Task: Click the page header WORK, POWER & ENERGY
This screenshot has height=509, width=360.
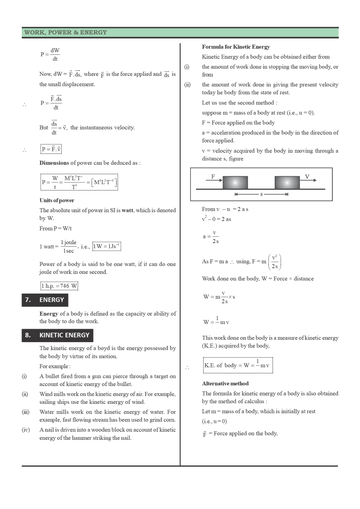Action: coord(66,32)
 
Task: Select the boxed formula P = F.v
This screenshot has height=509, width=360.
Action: coord(51,149)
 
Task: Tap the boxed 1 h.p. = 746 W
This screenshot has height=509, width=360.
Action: coord(59,286)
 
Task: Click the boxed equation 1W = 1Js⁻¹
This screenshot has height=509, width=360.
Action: coord(107,246)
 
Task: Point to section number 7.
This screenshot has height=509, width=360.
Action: coord(28,300)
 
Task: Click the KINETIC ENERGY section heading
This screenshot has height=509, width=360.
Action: coord(64,335)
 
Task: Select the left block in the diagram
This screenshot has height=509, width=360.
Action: coord(235,182)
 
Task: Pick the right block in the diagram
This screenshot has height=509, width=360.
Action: coord(287,182)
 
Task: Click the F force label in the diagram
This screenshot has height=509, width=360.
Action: coord(213,177)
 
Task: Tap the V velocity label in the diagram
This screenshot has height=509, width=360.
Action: coord(307,177)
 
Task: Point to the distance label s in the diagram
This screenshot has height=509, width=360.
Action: coord(261,194)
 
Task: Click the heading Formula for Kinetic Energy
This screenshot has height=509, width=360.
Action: coord(236,47)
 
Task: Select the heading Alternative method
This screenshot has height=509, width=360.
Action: coord(225,383)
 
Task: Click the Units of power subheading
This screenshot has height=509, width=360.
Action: coord(57,200)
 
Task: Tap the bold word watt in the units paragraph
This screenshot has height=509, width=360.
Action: coord(127,210)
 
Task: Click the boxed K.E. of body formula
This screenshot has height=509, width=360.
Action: coord(238,365)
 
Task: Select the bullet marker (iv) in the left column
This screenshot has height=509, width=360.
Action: coord(26,430)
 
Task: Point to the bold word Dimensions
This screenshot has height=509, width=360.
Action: coord(54,163)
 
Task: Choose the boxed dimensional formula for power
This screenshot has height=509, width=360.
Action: coord(79,182)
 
